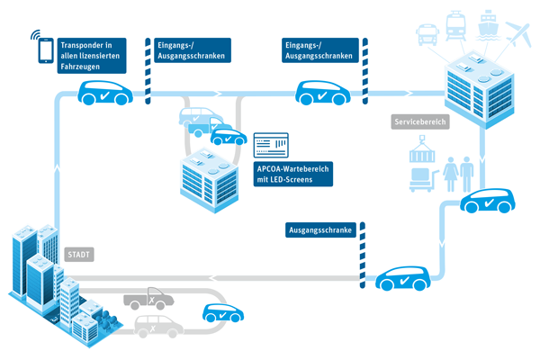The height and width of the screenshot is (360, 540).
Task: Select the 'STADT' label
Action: click(x=79, y=255)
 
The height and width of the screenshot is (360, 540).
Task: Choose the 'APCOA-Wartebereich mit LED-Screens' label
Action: click(x=293, y=173)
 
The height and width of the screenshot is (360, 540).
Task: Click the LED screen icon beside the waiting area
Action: click(x=271, y=145)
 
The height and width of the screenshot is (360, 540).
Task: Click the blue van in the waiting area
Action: click(x=199, y=117)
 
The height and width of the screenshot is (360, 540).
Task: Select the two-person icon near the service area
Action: click(x=459, y=172)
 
